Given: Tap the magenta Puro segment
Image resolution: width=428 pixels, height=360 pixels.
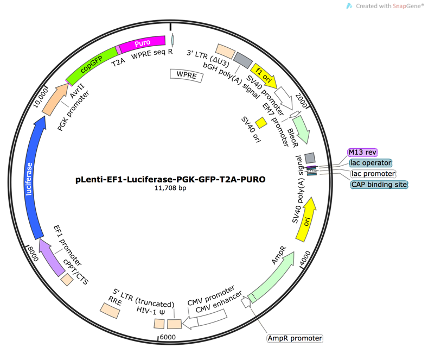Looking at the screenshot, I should click(x=143, y=45).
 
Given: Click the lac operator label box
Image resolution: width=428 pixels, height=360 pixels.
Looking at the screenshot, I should click(x=370, y=162).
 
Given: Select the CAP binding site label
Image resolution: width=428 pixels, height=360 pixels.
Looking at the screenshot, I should click(x=378, y=184).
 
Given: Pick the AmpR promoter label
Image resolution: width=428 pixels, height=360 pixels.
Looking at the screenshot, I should click(x=288, y=339).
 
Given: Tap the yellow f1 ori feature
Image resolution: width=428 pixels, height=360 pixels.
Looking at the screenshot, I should click(x=265, y=74).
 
